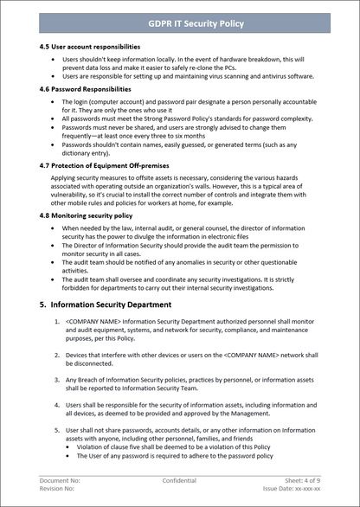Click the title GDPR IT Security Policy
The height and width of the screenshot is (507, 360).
pos(180,23)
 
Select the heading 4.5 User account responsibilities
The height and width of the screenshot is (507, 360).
pos(89,47)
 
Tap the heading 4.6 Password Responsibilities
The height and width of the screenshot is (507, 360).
pos(86,88)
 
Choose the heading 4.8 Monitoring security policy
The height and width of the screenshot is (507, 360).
pos(86,214)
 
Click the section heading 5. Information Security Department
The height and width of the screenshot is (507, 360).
pos(105,305)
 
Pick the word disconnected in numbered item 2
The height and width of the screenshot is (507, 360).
pos(91,363)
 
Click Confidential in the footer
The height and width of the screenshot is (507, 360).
pos(179,479)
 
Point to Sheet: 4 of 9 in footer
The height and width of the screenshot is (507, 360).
pos(301,479)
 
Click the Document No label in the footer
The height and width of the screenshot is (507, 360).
pos(60,479)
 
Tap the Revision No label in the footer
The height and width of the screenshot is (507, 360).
pos(57,488)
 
